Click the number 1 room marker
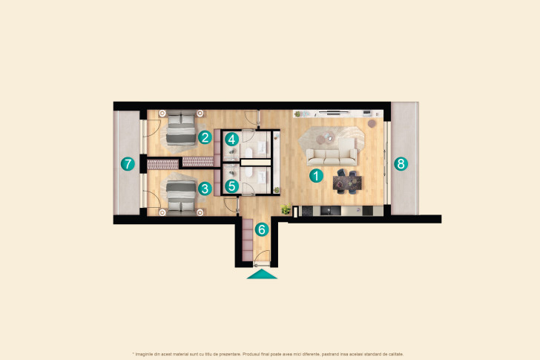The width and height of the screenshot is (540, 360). tap(316, 177)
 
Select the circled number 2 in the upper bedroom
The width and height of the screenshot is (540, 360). tap(204, 137)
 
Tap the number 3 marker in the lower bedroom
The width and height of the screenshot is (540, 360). tap(204, 189)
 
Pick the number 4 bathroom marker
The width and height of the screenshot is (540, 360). tap(232, 139)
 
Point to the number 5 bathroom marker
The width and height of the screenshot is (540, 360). tap(232, 186)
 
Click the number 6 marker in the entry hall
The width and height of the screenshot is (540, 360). tap(260, 229)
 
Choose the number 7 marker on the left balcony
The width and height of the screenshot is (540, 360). tap(128, 163)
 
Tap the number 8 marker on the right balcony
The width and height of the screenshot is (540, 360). tap(401, 164)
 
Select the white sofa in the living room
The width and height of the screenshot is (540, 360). tap(332, 156)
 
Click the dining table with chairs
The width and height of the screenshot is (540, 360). tap(347, 180)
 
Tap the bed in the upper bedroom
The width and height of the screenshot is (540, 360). tap(178, 128)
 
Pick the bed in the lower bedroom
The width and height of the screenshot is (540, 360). tap(178, 197)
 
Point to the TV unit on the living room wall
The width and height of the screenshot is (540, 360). tap(330, 113)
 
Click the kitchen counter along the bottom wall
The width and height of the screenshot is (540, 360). tap(334, 212)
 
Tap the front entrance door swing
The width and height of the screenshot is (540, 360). tap(261, 258)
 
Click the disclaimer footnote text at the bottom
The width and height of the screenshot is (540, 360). tap(269, 353)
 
